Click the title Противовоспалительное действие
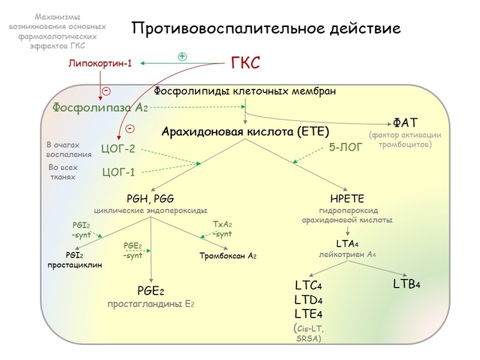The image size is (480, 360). (x=266, y=29)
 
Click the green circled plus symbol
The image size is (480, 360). (x=182, y=56)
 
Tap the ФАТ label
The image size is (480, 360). (x=401, y=123)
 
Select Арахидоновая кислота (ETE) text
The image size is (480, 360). (x=246, y=131)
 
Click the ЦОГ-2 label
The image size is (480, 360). (x=119, y=149)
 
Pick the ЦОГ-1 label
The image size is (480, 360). (x=119, y=173)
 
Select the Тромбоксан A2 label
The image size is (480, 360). (x=228, y=256)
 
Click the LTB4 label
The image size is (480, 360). (x=406, y=283)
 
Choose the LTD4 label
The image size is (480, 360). (x=309, y=299)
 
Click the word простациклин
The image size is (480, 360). (x=75, y=265)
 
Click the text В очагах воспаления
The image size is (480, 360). (x=69, y=149)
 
